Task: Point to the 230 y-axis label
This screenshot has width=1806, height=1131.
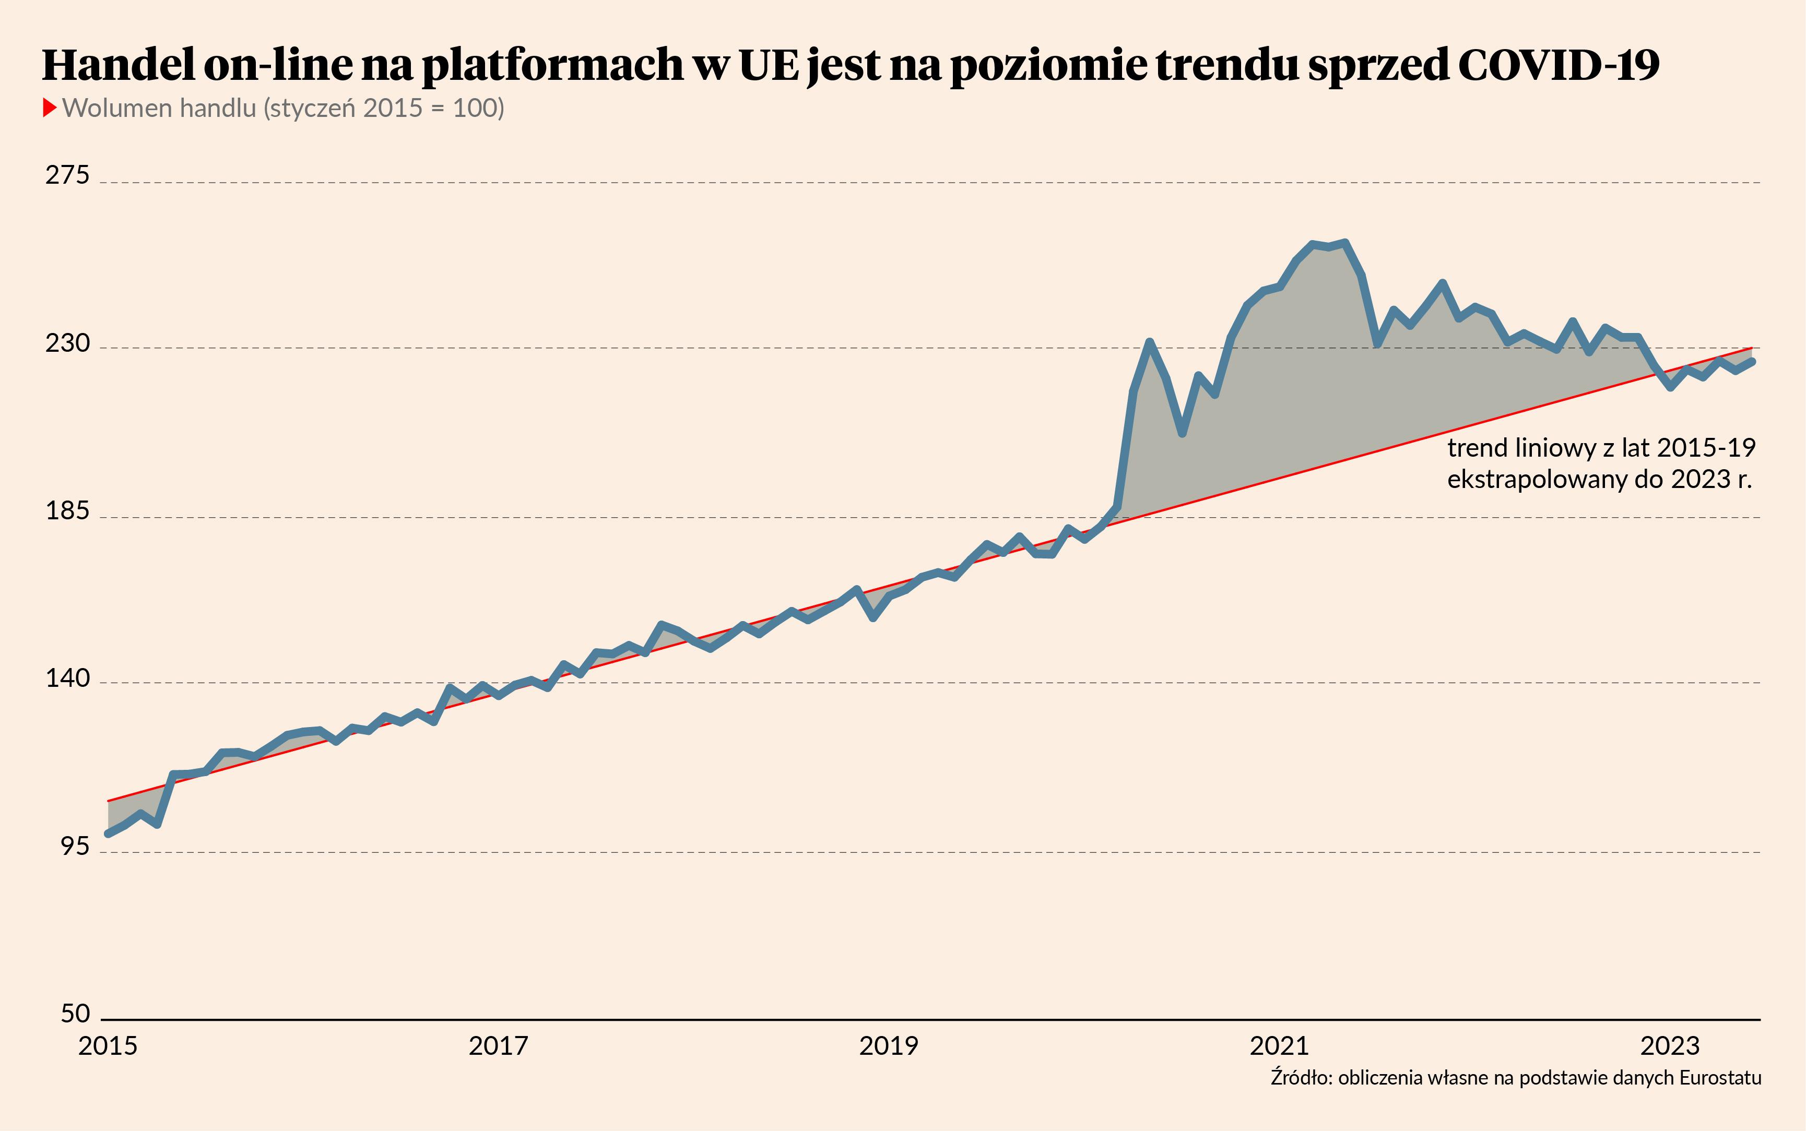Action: click(x=67, y=343)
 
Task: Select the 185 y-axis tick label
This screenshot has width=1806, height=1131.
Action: click(x=67, y=511)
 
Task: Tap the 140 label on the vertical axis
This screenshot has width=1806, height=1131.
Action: click(x=67, y=678)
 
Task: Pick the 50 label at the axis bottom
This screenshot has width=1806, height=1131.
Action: click(x=75, y=1014)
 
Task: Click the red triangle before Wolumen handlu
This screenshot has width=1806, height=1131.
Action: click(x=50, y=108)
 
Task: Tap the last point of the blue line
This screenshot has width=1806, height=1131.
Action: click(x=1752, y=361)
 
